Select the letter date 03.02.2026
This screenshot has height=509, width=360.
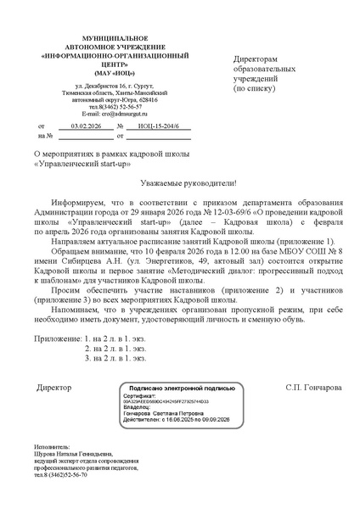tap(85, 126)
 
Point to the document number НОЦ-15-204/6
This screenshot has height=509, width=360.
tap(152, 126)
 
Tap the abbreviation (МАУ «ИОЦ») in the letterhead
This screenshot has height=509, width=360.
tap(102, 73)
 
